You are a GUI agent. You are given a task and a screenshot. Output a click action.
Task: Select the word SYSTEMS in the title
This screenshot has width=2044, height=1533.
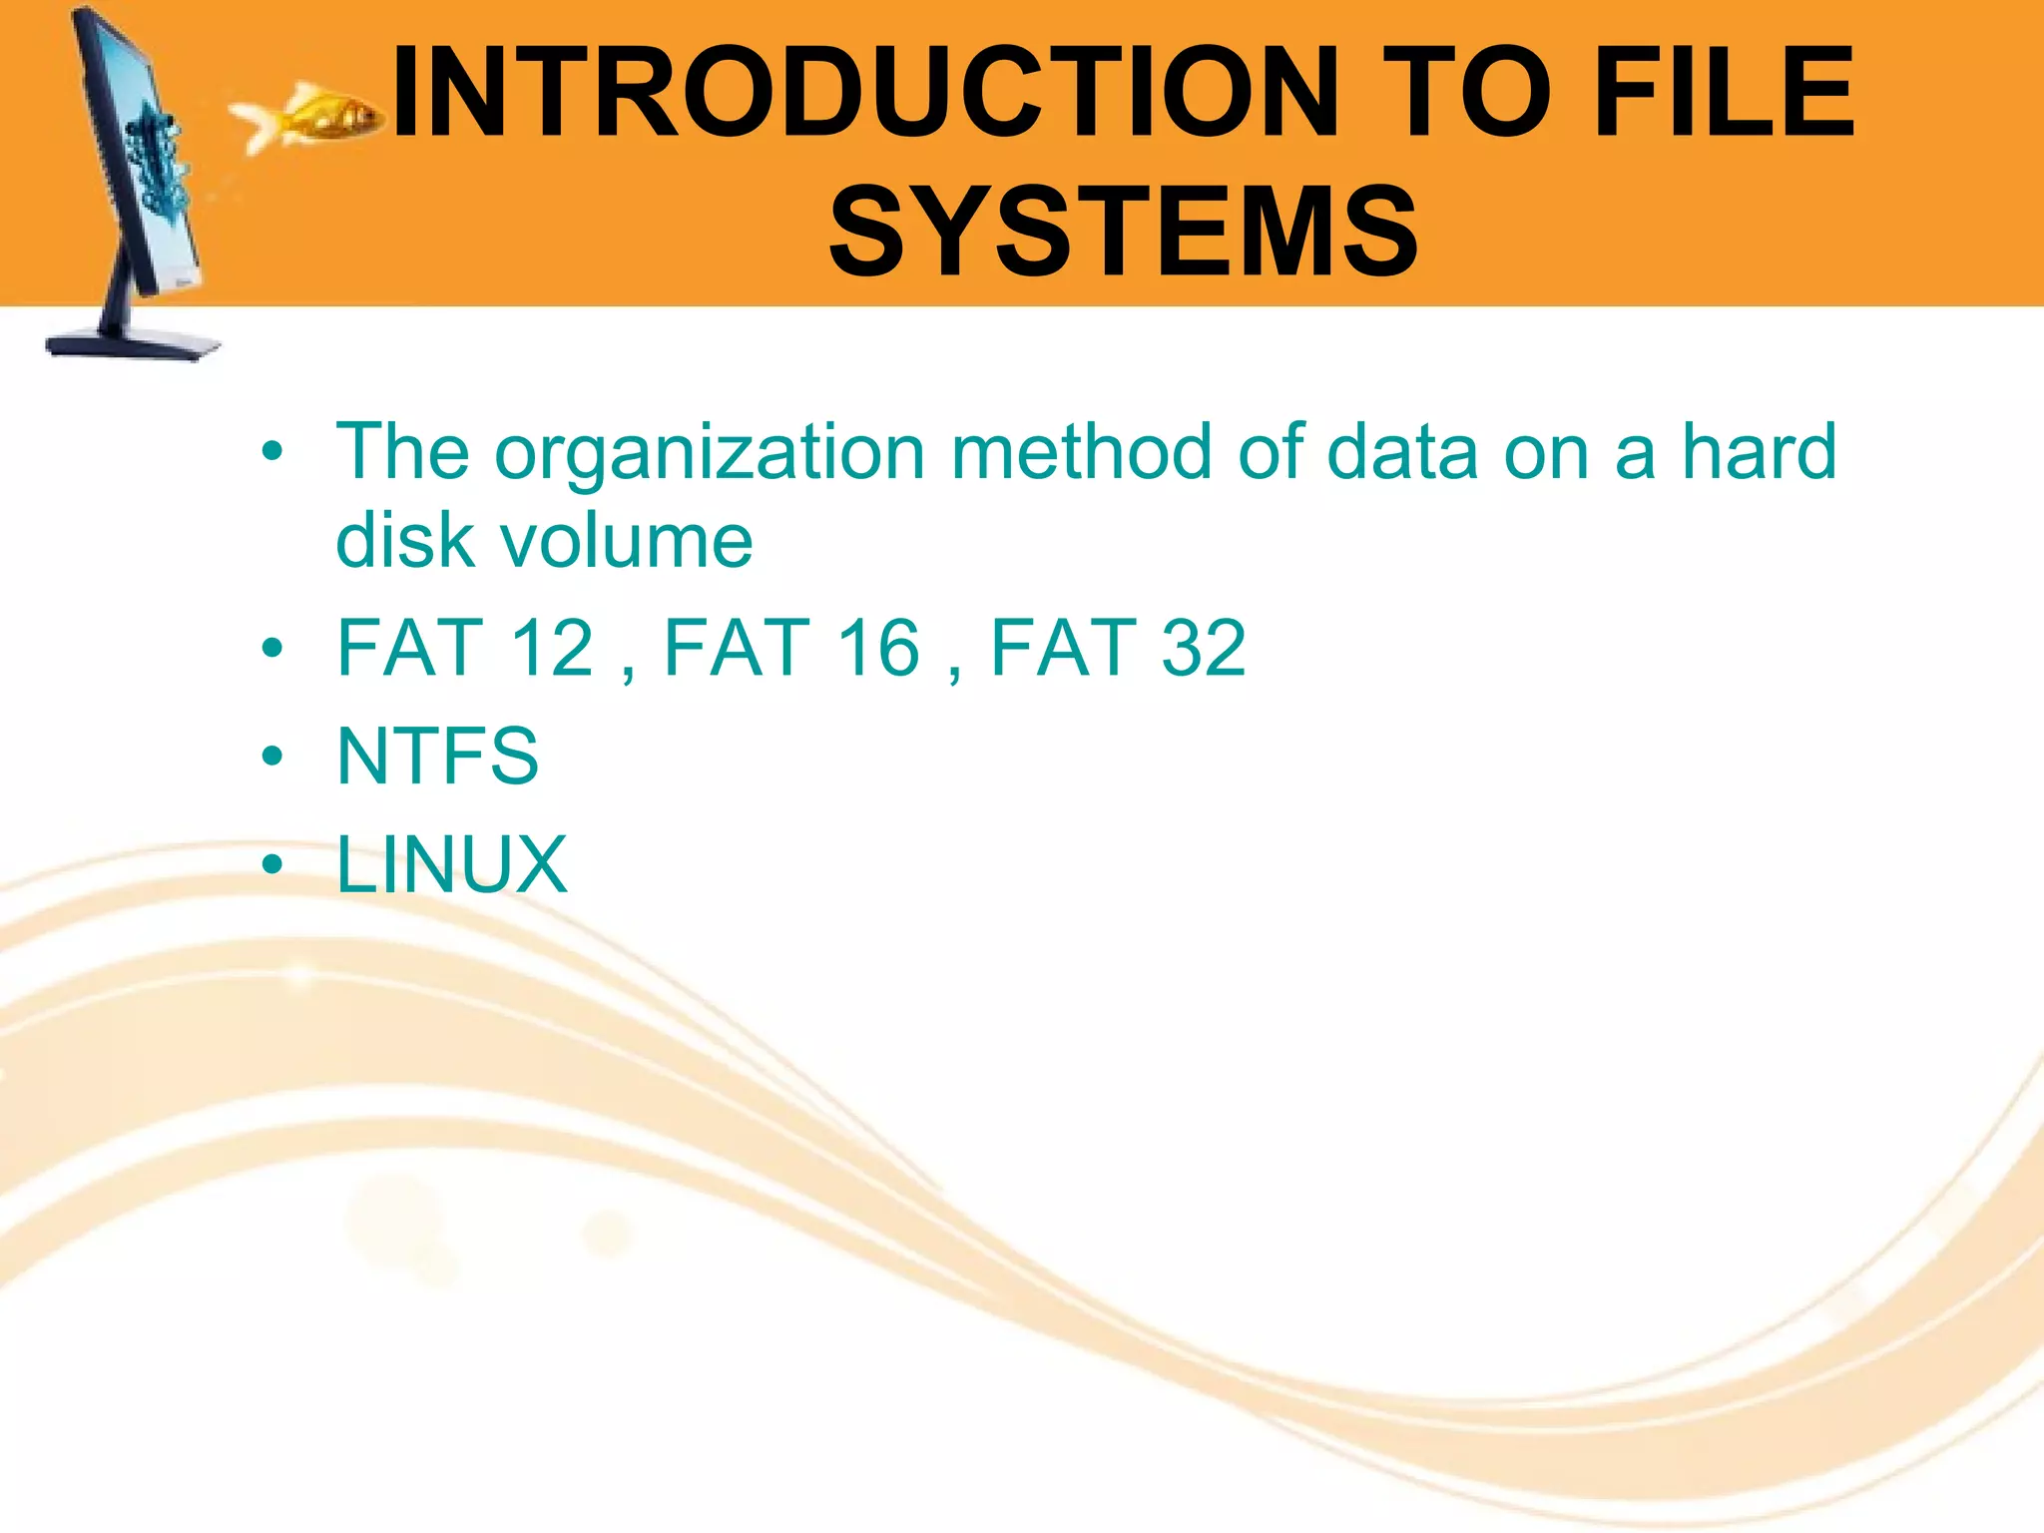tap(1123, 232)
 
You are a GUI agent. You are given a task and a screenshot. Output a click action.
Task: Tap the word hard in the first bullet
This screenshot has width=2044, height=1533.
tap(1759, 452)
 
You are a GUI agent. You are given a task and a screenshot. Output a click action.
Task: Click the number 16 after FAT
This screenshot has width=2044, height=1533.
tap(878, 648)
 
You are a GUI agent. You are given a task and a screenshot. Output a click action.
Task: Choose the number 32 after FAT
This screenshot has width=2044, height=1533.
tap(1204, 648)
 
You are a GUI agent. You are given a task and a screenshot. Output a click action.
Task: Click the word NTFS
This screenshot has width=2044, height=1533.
tap(437, 756)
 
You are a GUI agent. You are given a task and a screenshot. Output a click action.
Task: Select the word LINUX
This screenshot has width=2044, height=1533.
tap(451, 864)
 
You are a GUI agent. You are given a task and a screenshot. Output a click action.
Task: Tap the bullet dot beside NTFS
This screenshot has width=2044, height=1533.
tap(271, 757)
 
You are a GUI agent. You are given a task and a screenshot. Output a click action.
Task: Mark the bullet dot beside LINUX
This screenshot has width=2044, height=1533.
tap(271, 864)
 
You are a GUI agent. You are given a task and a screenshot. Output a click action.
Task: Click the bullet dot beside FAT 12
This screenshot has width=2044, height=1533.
tap(271, 649)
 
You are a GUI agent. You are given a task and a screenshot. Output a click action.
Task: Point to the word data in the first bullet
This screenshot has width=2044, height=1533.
tap(1401, 452)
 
